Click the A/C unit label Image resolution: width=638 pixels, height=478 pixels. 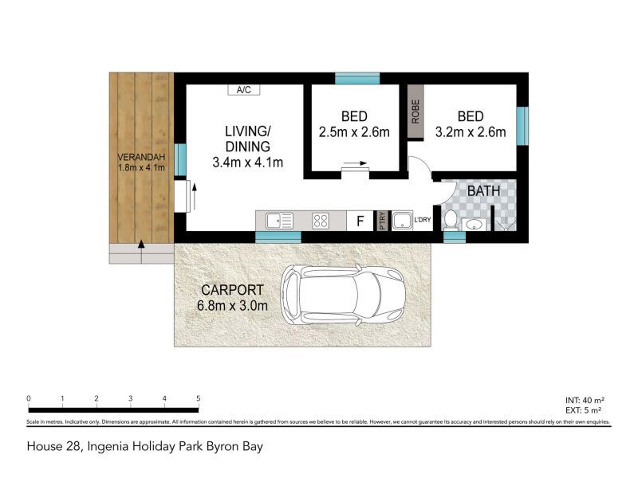(x=244, y=90)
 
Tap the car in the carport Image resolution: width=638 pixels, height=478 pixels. (x=345, y=295)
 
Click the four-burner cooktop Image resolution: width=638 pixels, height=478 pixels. (x=321, y=221)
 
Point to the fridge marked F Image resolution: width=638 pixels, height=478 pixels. (x=360, y=221)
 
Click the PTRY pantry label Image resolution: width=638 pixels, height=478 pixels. (x=383, y=221)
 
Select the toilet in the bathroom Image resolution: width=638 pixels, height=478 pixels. (x=451, y=219)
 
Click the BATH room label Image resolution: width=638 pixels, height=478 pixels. (x=483, y=191)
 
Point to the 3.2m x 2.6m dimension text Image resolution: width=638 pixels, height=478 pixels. (x=470, y=132)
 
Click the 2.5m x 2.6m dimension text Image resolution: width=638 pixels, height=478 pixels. (x=353, y=132)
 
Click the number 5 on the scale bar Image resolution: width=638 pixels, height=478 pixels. (x=198, y=398)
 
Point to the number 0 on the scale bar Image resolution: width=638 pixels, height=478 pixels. (x=28, y=398)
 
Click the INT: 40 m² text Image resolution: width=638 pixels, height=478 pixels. (x=586, y=400)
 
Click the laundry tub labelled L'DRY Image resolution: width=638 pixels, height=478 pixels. (x=402, y=221)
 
